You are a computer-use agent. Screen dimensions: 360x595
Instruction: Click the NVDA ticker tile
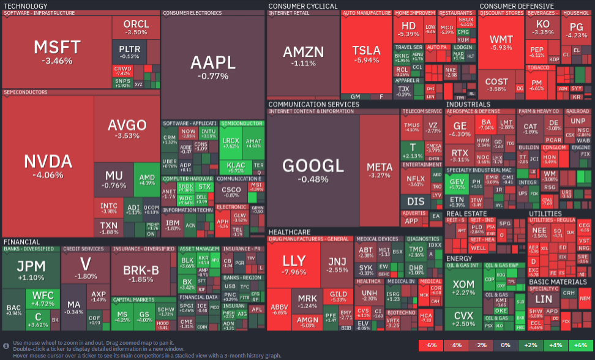point(48,165)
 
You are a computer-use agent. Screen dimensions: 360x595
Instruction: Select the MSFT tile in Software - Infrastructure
point(57,52)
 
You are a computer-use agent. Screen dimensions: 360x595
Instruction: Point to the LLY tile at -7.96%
point(294,263)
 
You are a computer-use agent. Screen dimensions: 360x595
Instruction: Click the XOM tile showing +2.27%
point(463,288)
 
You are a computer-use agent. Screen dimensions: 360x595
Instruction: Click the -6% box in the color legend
point(432,345)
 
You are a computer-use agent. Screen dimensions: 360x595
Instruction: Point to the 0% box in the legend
point(505,345)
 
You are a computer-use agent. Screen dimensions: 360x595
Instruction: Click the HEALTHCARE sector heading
point(289,232)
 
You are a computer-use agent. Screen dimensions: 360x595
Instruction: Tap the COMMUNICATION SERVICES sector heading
point(313,104)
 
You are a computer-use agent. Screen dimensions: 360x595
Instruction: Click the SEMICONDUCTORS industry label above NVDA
point(26,92)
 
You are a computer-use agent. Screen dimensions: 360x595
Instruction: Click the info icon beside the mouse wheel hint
point(6,346)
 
